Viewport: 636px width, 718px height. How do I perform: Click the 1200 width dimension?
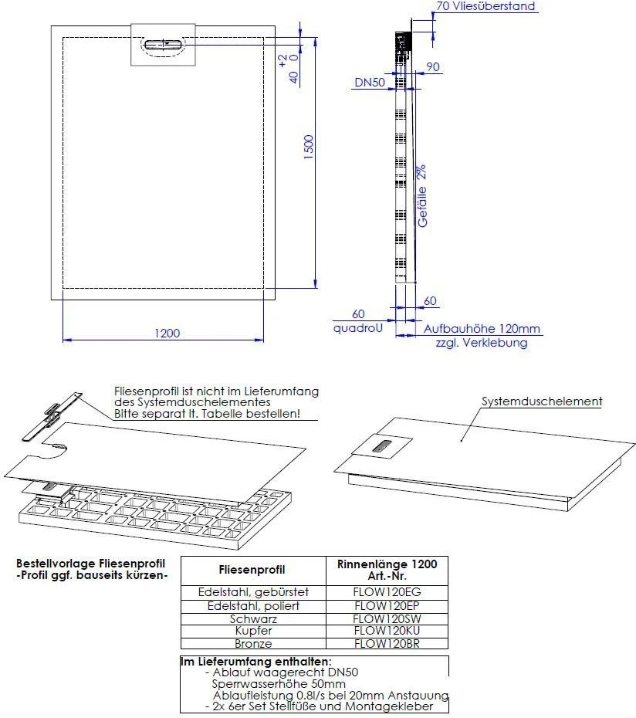click(x=167, y=333)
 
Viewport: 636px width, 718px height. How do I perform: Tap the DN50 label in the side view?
click(x=370, y=81)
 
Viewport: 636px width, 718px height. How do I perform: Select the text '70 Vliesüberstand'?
click(x=485, y=6)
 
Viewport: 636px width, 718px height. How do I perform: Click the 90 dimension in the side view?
click(x=432, y=67)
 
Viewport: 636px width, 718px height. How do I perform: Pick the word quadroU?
click(x=358, y=327)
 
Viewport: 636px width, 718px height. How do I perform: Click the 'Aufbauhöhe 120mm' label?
click(x=482, y=328)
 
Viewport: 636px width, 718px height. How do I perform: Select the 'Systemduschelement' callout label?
click(x=542, y=401)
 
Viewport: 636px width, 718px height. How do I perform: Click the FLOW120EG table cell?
click(x=387, y=592)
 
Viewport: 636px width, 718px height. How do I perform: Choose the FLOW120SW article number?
click(x=387, y=618)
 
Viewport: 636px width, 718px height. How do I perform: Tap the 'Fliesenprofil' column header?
click(x=252, y=570)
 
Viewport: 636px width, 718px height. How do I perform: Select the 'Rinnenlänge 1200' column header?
click(x=387, y=564)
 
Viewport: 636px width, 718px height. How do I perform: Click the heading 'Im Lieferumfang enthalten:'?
click(x=255, y=662)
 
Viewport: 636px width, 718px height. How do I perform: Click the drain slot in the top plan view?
click(x=164, y=44)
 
